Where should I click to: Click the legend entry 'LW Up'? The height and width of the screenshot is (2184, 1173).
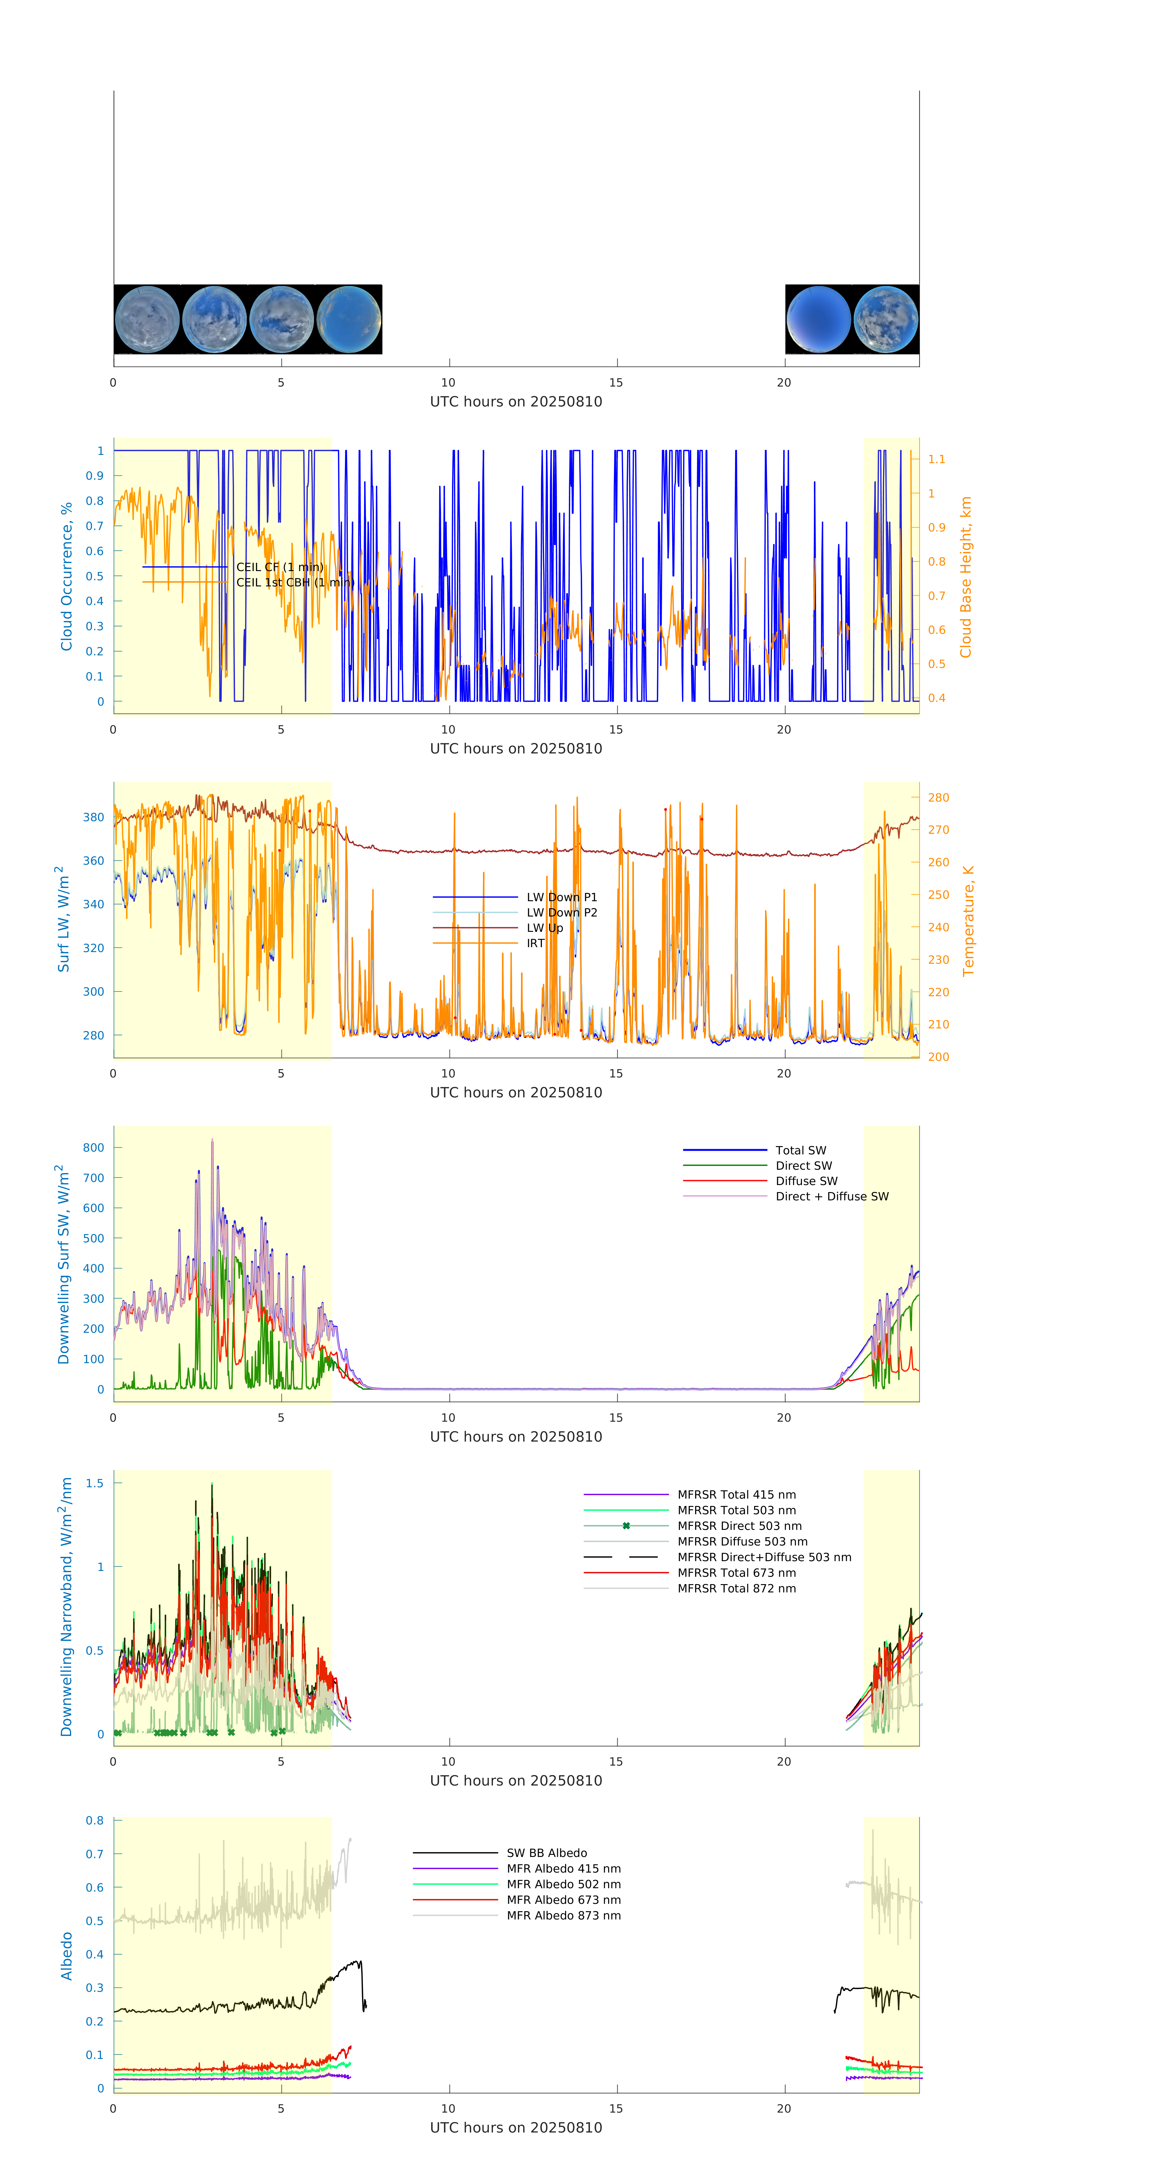pos(545,928)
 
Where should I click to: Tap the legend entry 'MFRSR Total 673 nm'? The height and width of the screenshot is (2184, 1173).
pos(736,1573)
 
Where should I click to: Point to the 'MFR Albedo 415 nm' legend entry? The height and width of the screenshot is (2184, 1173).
pos(563,1869)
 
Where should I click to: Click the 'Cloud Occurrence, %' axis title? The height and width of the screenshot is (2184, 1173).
pos(66,577)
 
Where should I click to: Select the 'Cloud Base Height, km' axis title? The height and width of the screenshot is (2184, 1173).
pos(965,577)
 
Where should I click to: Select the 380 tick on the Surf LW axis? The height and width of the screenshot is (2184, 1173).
pos(93,817)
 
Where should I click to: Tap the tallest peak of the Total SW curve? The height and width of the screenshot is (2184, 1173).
pos(212,1140)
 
